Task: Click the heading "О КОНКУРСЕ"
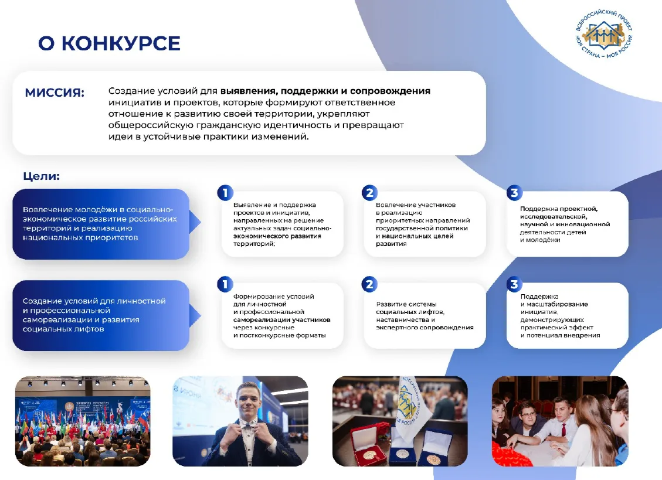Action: tap(109, 43)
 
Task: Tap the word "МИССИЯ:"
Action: tap(55, 93)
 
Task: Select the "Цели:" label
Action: tap(42, 176)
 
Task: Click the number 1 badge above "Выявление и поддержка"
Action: tap(225, 193)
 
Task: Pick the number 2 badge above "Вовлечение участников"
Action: tap(369, 193)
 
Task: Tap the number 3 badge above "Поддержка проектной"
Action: tap(514, 193)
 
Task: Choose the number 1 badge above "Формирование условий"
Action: tap(225, 284)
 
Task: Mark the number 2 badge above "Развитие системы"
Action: tap(369, 284)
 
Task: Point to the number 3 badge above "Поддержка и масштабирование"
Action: tap(514, 284)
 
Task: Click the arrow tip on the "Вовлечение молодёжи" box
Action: tap(201, 222)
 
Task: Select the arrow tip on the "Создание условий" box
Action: tap(201, 316)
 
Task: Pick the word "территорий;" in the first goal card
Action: tap(254, 244)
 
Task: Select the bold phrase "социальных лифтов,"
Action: tap(410, 312)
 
